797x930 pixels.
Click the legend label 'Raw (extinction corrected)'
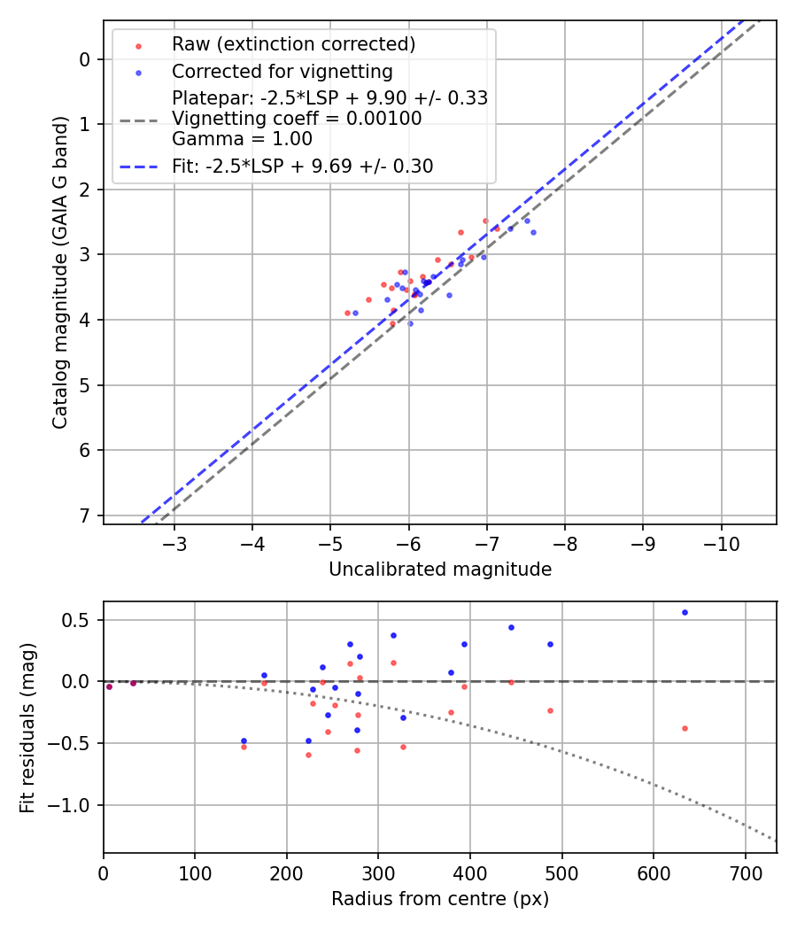[x=293, y=44]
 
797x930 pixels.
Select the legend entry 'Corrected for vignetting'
[x=282, y=71]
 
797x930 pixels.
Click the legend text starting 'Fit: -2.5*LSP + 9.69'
[x=302, y=167]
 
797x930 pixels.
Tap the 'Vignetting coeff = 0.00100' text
[x=297, y=119]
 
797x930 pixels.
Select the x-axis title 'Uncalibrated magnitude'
[x=440, y=570]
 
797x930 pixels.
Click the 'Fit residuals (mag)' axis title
[x=27, y=727]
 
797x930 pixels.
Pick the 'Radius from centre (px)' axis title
[x=440, y=899]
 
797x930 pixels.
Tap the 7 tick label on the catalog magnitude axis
[x=86, y=515]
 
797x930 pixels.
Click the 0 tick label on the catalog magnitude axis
[x=86, y=59]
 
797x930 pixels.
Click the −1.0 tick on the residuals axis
[x=75, y=805]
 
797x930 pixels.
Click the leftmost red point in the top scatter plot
[x=347, y=313]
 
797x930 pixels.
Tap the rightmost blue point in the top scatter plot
[x=533, y=232]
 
